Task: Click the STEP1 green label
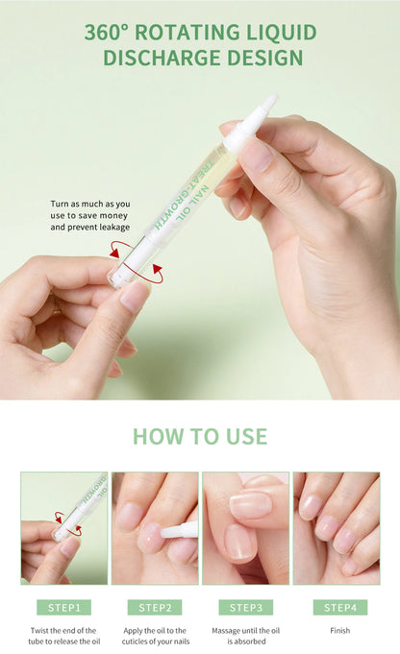click(x=64, y=607)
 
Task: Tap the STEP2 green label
click(x=155, y=607)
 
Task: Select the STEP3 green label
click(x=245, y=607)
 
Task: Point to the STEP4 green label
click(x=339, y=607)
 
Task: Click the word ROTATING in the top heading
click(x=186, y=33)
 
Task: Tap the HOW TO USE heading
click(x=200, y=436)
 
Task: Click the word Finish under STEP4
click(x=339, y=631)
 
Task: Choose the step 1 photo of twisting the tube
click(x=64, y=527)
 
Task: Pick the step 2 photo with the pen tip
click(x=155, y=527)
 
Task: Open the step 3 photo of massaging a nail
click(x=245, y=527)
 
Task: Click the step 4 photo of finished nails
click(x=337, y=527)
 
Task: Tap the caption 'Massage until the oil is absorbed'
click(x=245, y=637)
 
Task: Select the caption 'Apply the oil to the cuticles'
click(x=155, y=637)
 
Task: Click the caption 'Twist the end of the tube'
click(x=64, y=637)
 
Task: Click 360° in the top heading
click(x=105, y=33)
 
